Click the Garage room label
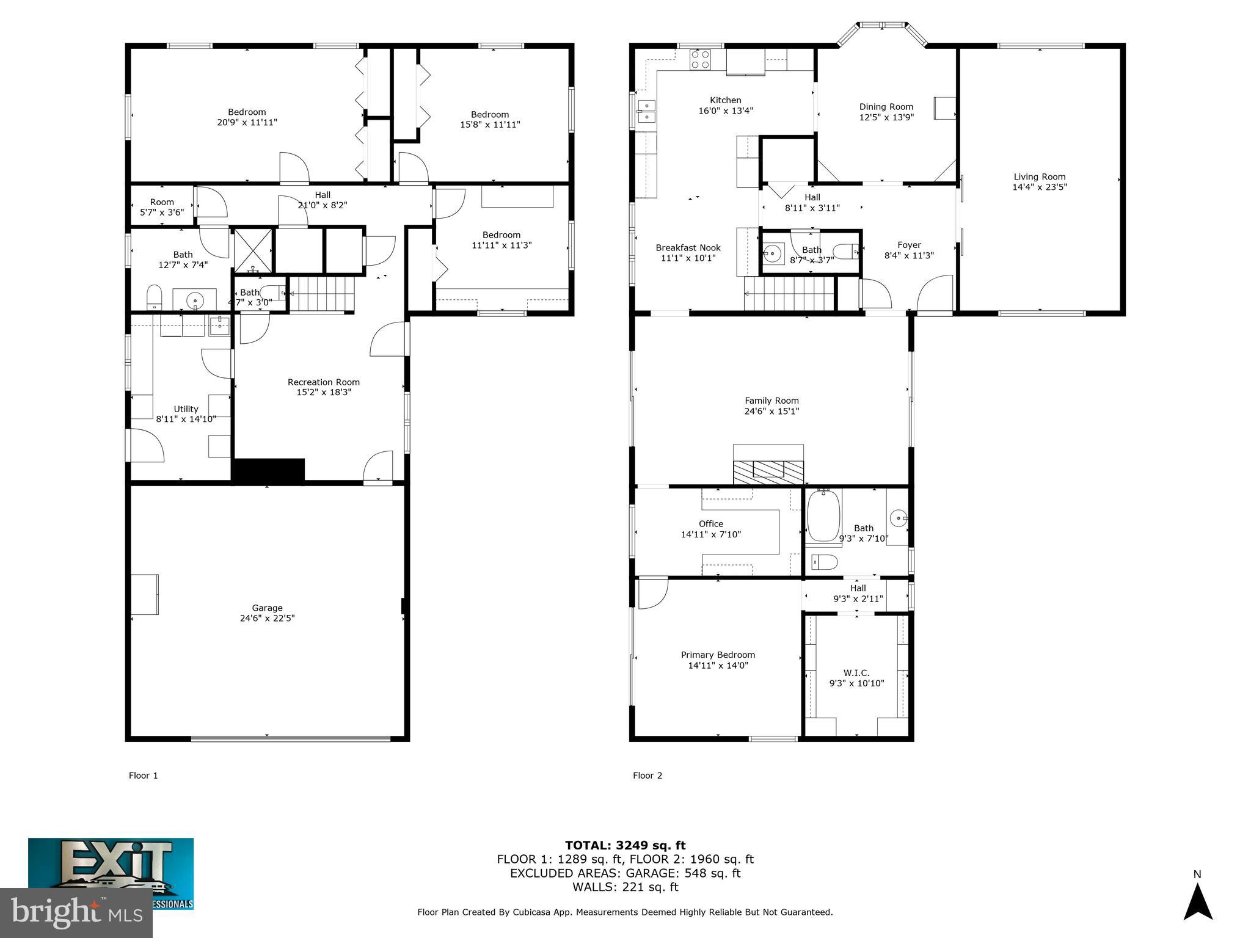267,608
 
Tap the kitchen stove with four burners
700,59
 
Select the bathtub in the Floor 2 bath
823,517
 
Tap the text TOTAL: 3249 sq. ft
625,845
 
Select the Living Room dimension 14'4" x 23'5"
1039,187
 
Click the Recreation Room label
323,382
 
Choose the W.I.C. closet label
856,673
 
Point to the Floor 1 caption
143,776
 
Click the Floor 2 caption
647,776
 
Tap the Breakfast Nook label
688,248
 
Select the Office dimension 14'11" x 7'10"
710,534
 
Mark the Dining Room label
886,107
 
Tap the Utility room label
186,409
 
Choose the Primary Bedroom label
718,655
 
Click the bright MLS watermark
76,912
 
